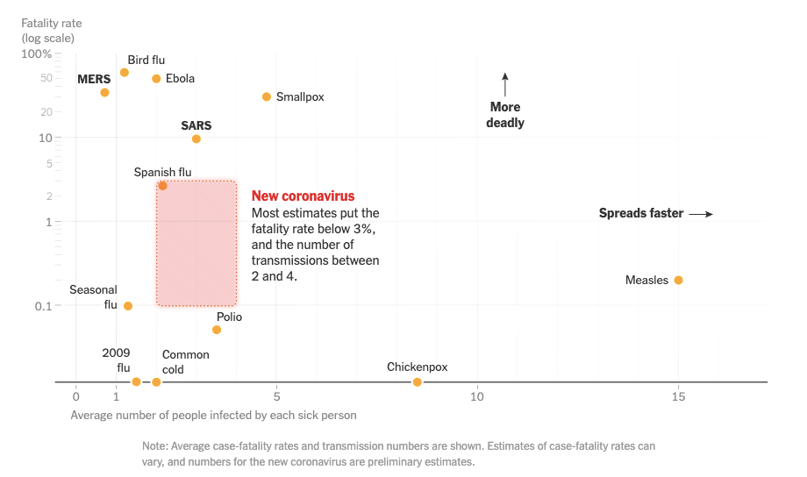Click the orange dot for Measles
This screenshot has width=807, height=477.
click(x=678, y=281)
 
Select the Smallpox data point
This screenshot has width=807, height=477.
click(x=267, y=96)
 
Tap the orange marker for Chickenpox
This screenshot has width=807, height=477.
click(x=418, y=382)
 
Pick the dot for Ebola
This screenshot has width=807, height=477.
click(x=156, y=79)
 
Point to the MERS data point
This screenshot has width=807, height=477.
click(x=104, y=93)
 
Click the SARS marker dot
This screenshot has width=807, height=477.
click(x=196, y=139)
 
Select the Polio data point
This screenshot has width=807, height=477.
click(x=217, y=330)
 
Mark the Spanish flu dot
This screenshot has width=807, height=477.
click(x=162, y=186)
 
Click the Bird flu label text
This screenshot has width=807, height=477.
click(x=146, y=61)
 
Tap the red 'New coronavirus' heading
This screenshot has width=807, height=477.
click(x=303, y=196)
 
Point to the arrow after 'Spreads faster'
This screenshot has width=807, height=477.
click(x=700, y=214)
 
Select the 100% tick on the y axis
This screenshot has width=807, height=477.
click(x=37, y=53)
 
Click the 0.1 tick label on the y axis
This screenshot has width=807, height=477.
click(x=42, y=306)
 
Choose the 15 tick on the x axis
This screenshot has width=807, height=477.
click(x=678, y=397)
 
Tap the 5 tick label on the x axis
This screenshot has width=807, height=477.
click(x=276, y=397)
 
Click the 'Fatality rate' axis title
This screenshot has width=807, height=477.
click(x=52, y=22)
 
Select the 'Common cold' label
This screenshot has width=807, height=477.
click(x=185, y=362)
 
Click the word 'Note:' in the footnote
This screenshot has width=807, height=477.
click(x=157, y=446)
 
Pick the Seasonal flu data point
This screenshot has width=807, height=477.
click(x=128, y=306)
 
